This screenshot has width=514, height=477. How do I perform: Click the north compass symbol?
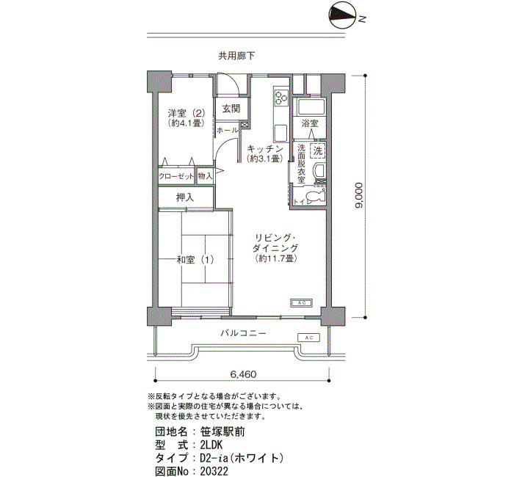coord(343,16)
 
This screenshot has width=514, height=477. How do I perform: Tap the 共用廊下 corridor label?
coord(236,56)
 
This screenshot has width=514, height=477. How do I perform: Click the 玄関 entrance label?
coord(231,109)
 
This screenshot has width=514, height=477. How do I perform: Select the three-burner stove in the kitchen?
coord(281,96)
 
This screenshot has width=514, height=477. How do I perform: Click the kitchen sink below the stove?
coord(281,133)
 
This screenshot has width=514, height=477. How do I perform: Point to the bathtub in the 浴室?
coord(311,106)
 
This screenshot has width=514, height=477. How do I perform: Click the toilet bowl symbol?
coord(316,196)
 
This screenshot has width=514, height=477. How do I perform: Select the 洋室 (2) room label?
coord(187,114)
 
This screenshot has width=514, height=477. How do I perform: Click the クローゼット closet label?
coord(176,176)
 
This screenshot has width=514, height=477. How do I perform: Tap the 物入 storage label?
coord(205,176)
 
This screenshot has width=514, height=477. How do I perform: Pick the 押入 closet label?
coord(185,197)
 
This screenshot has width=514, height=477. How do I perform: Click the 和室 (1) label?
coord(195,260)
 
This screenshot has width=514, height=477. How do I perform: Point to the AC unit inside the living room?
coord(302,303)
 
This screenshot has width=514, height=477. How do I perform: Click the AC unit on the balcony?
coord(309,338)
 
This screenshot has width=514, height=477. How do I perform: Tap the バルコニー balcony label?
coord(244,333)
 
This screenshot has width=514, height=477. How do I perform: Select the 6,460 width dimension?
coord(243,374)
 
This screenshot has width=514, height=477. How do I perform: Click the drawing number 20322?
coord(214,471)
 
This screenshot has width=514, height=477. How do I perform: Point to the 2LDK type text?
coord(211,445)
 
